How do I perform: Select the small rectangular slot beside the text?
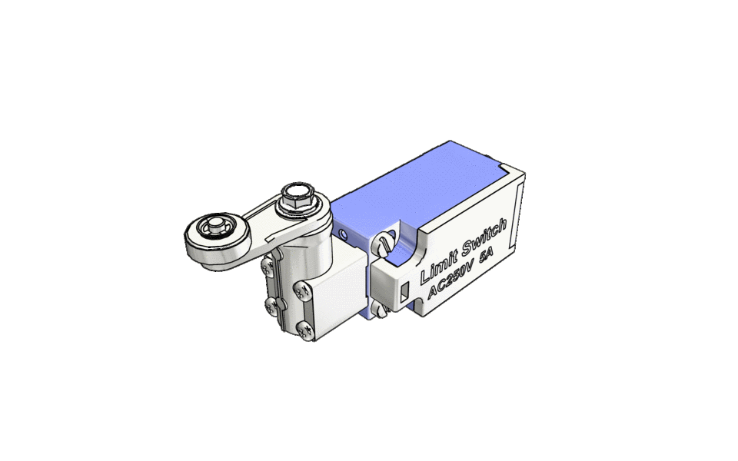tap(404, 290)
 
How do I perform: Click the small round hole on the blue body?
tap(343, 230)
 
